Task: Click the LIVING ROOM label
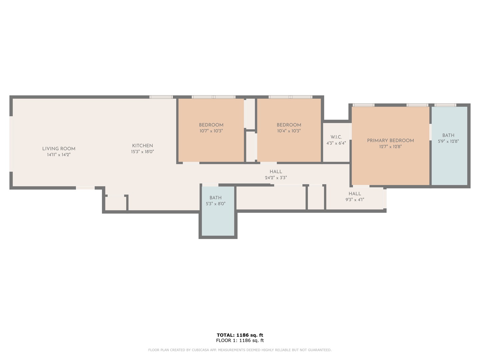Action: pos(59,149)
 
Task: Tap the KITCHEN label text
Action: pos(142,146)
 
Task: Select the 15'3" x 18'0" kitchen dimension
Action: pos(142,152)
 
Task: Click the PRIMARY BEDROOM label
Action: pos(390,141)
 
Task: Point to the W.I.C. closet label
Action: pos(336,137)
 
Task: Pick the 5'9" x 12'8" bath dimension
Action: pos(448,141)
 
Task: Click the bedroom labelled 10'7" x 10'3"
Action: pos(211,128)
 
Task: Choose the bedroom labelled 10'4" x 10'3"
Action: pos(289,128)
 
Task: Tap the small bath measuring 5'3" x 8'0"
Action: pos(215,201)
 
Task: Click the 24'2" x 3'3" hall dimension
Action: pos(276,178)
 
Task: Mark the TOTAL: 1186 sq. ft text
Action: pos(240,335)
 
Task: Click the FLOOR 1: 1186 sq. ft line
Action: pos(240,340)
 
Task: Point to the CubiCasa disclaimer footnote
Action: pos(240,350)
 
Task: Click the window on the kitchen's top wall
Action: pos(161,97)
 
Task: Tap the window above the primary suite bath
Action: pos(445,105)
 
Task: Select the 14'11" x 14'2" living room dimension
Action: pos(59,155)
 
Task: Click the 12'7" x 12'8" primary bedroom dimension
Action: pos(390,147)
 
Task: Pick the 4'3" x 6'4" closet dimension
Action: pos(336,143)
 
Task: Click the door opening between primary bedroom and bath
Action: pos(430,132)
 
